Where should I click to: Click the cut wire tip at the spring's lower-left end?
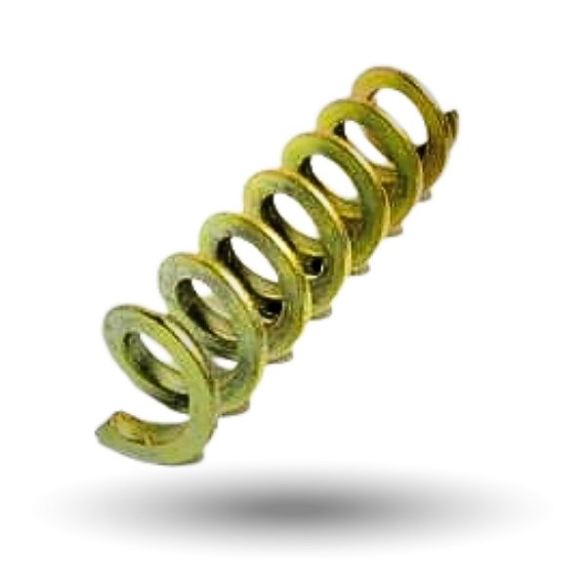click(109, 431)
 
